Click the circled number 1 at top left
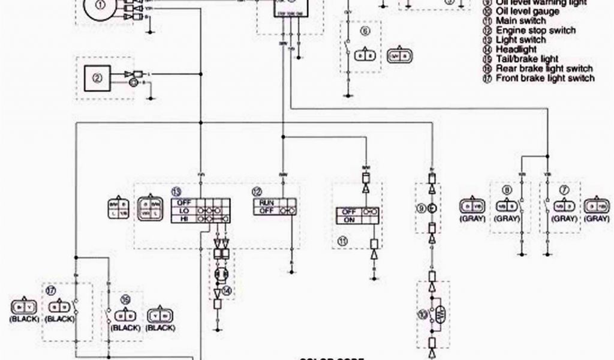click(x=100, y=6)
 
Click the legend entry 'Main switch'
click(x=520, y=20)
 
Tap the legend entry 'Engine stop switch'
click(x=536, y=30)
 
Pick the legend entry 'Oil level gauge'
click(x=528, y=11)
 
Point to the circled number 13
click(x=176, y=192)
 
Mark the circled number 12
click(x=257, y=192)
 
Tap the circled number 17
click(x=52, y=290)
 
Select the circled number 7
click(x=561, y=191)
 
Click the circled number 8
click(x=507, y=191)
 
